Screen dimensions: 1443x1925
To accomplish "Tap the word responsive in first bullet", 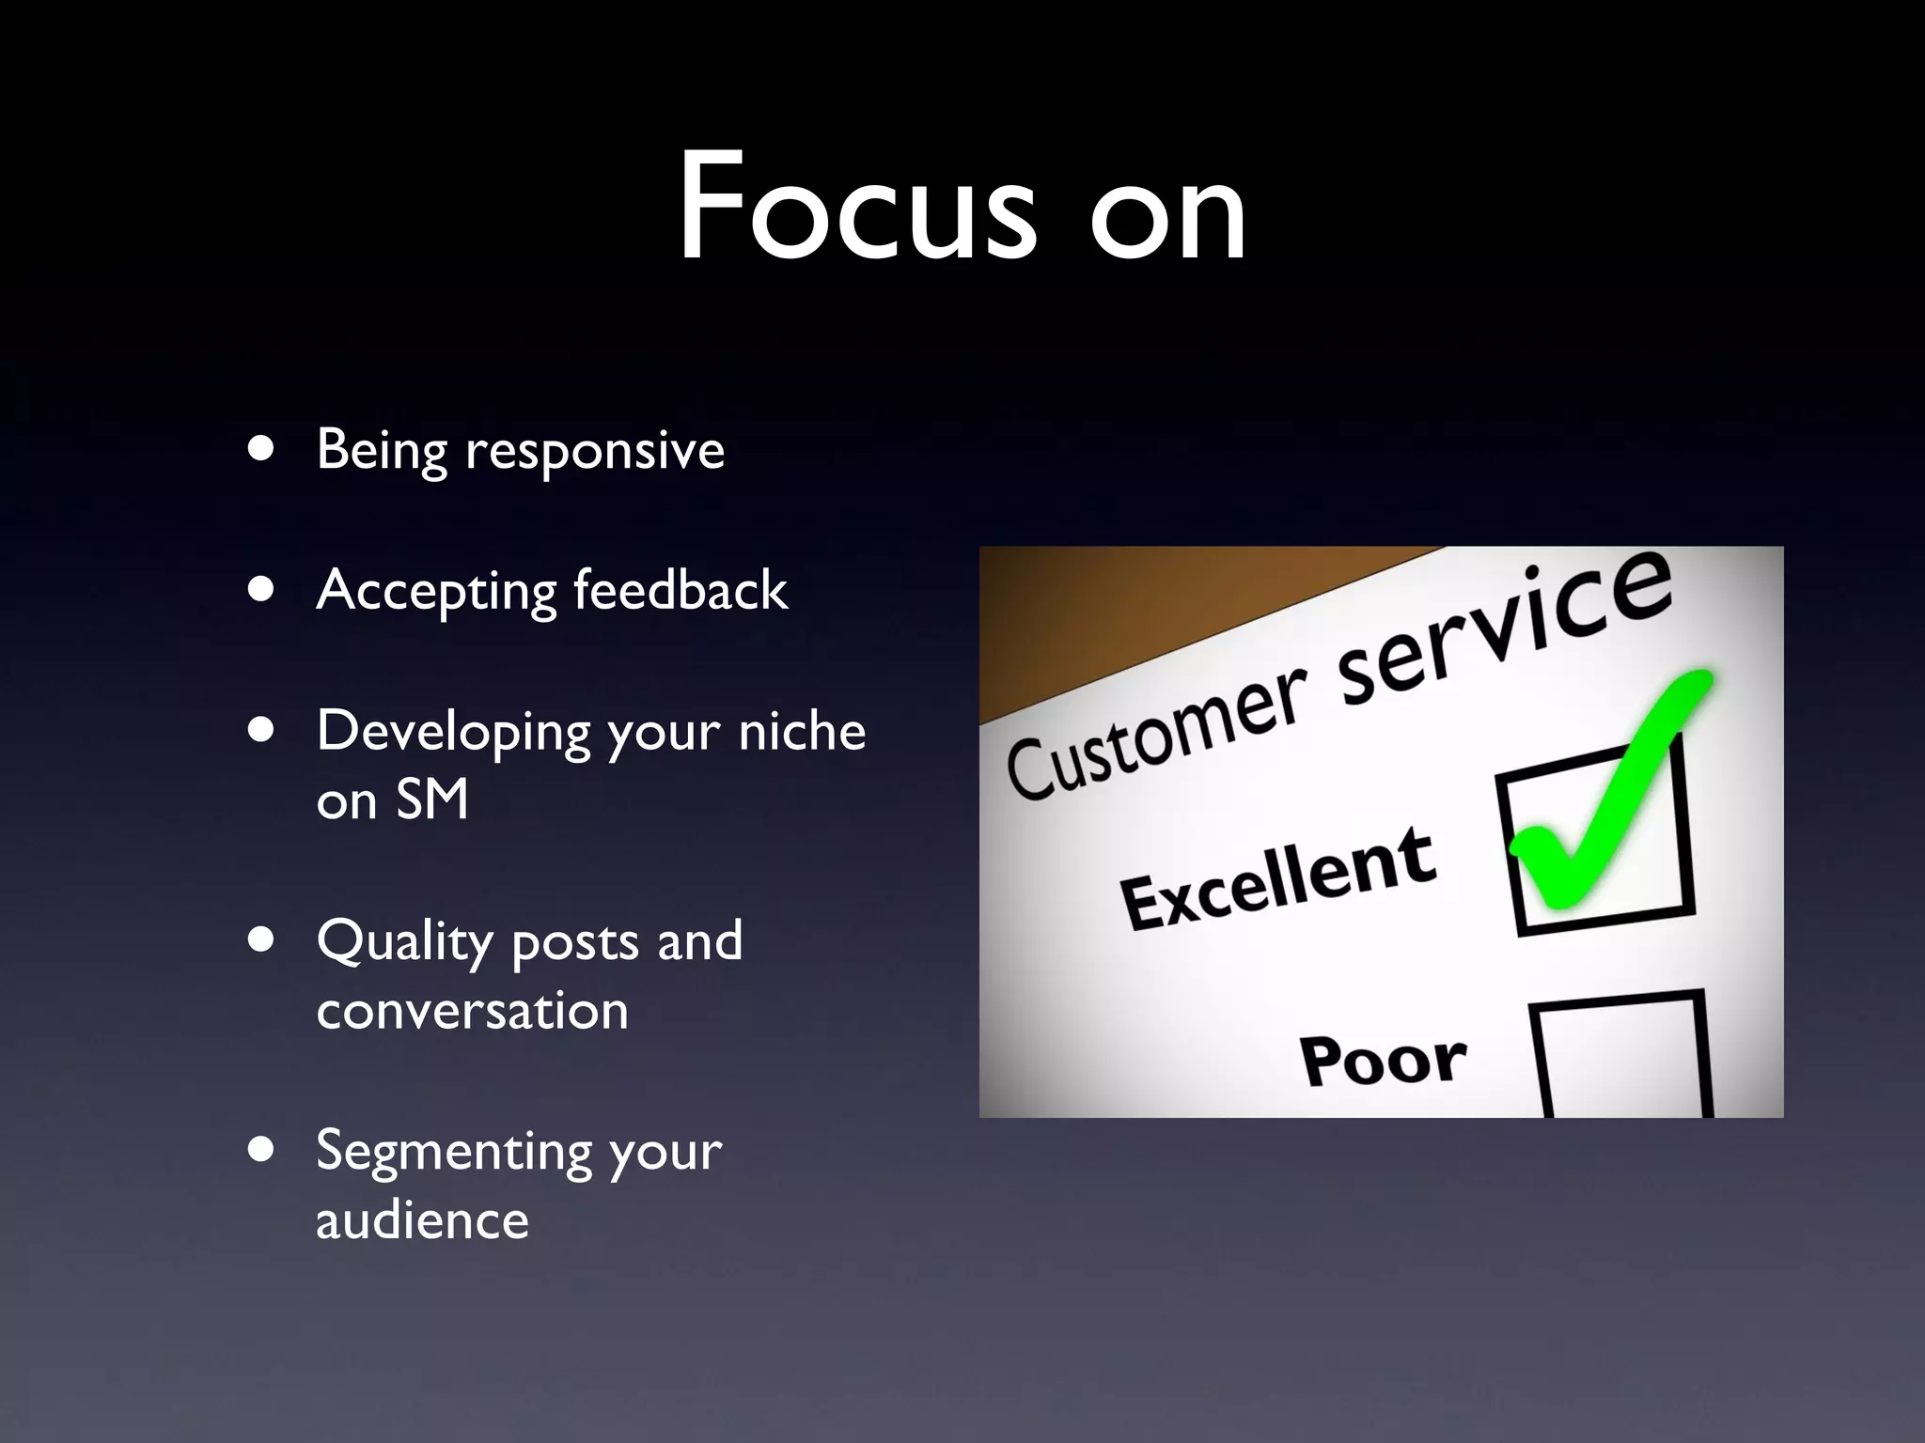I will click(595, 452).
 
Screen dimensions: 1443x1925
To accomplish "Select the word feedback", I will click(680, 590).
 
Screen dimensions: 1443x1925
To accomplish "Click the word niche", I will click(802, 732).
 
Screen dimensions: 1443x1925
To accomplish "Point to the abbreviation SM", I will click(432, 800).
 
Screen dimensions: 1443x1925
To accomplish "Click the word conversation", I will click(472, 1012).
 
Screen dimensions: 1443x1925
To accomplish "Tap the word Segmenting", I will click(453, 1153).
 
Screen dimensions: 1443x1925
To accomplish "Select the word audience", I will click(422, 1221).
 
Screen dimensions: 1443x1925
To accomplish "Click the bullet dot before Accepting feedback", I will click(261, 590).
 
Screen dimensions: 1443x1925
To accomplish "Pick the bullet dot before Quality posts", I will click(261, 940).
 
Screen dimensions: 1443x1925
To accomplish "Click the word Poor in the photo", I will click(1383, 1060).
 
